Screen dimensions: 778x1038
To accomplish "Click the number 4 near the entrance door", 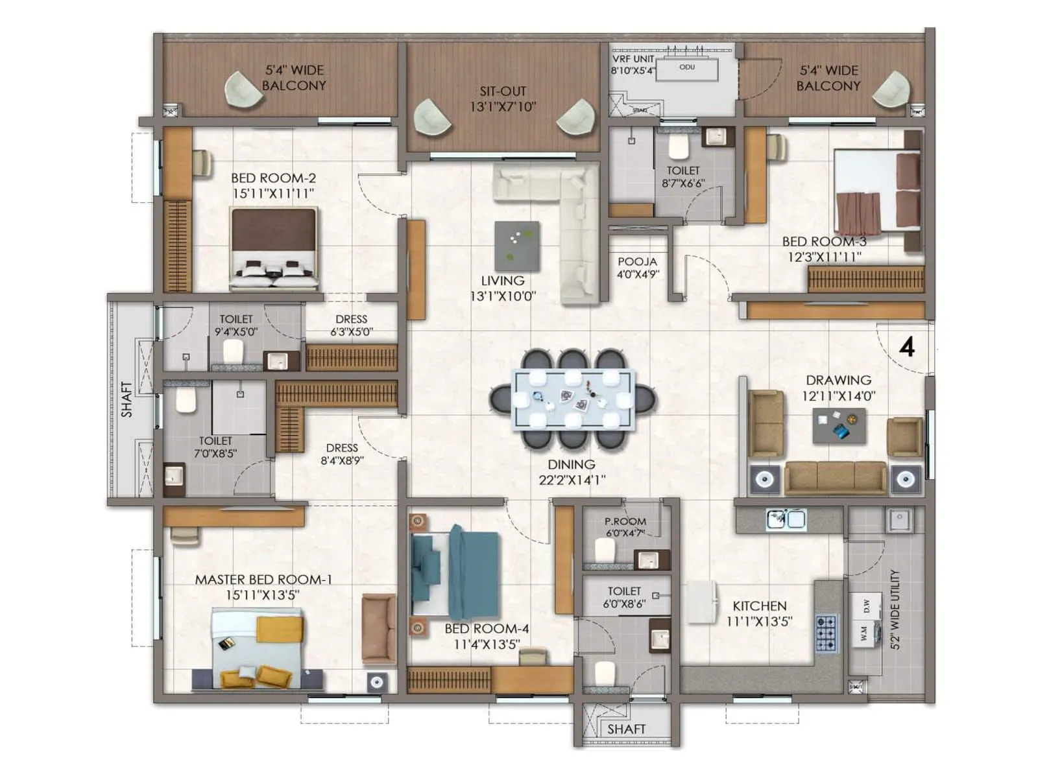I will click(907, 348).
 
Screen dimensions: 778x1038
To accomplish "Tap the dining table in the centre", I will click(572, 399).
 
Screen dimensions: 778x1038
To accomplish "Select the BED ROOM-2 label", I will click(273, 178).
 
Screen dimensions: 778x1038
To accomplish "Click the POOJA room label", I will click(637, 262).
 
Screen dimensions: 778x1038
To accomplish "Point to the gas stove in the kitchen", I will click(827, 633).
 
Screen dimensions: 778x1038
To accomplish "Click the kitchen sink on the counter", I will click(786, 519).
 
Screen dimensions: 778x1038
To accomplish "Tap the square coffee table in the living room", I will click(517, 246).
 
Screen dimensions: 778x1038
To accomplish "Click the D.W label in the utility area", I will click(866, 606).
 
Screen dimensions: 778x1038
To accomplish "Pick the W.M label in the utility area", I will click(864, 633).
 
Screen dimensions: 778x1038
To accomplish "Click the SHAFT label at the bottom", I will click(626, 729).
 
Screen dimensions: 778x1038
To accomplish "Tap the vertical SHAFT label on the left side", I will click(127, 399).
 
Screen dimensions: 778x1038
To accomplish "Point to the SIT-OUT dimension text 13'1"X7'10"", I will click(503, 107).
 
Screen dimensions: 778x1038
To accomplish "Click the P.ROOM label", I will click(625, 521).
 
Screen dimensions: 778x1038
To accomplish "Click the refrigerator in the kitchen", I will click(702, 602).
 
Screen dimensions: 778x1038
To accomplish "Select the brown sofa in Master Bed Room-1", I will click(379, 628).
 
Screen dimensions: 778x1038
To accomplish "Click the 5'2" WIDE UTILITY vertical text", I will click(895, 609).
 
